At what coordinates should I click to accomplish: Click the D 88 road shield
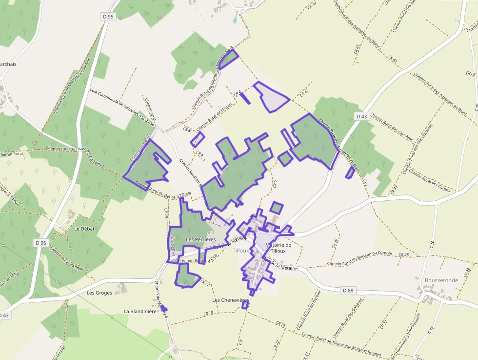(x=348, y=291)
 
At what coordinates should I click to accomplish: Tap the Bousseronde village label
(x=441, y=280)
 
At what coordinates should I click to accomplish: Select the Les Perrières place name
(x=201, y=239)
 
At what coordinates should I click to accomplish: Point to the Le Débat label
(x=84, y=229)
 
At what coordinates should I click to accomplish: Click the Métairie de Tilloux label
(x=278, y=248)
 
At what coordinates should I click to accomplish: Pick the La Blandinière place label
(x=139, y=311)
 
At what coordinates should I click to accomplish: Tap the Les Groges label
(x=100, y=293)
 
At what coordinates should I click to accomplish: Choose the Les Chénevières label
(x=231, y=300)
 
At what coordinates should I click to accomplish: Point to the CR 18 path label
(x=208, y=313)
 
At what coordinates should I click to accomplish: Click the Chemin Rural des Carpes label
(x=429, y=180)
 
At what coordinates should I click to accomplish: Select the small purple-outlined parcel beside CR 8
(x=197, y=139)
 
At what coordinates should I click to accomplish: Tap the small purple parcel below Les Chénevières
(x=245, y=305)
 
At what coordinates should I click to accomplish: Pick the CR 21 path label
(x=280, y=324)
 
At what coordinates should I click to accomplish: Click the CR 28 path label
(x=403, y=254)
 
